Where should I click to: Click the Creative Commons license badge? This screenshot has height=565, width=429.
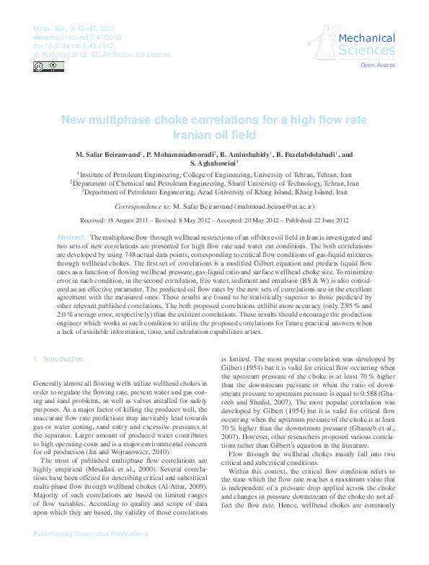point(48,67)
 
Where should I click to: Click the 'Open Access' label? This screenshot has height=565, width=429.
point(378,65)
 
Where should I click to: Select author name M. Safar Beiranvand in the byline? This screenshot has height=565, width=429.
point(107,154)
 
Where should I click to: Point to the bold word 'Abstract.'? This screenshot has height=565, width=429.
point(71,237)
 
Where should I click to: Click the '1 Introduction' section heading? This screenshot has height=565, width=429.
point(58,358)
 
